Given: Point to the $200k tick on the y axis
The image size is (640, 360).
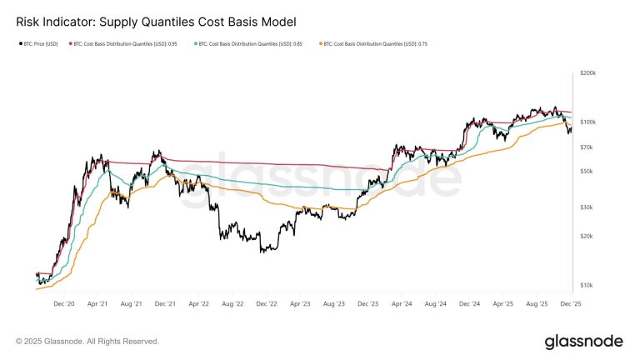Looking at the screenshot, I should click(588, 73).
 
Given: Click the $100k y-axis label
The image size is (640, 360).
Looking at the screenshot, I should click(588, 122).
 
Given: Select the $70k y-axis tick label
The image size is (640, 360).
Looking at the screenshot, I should click(587, 147).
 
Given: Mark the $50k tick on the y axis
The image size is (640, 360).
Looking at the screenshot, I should click(587, 171).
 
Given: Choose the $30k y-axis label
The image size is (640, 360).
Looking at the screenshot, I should click(587, 207).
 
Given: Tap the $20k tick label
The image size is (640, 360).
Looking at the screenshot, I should click(587, 236).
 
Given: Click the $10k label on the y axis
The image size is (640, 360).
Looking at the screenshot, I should click(587, 285).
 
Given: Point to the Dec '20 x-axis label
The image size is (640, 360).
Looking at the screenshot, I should click(65, 304).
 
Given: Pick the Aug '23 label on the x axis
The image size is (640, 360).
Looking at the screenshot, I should click(334, 304).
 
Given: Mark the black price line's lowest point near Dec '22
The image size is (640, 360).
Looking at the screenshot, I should click(263, 252).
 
